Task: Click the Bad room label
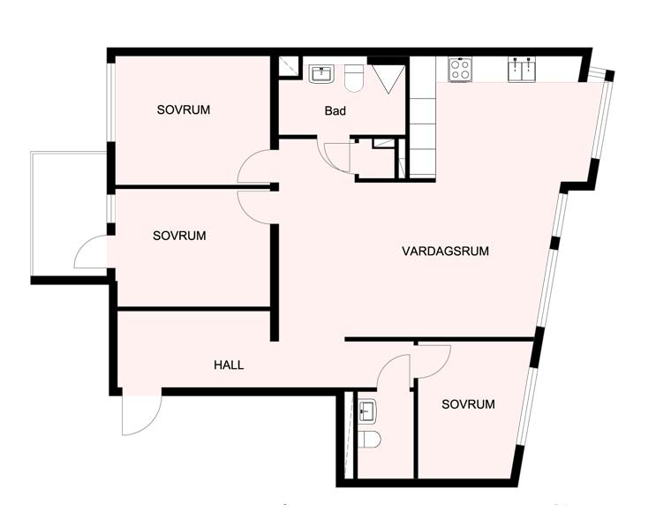coord(335,111)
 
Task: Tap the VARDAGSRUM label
coord(445,251)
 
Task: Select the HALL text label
coord(229,365)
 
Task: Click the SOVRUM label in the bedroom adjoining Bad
coord(184,110)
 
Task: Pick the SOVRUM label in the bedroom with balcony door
coord(179,236)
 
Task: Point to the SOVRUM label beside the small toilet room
coord(468,404)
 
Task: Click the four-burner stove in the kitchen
coord(460,70)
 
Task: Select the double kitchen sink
coord(522,70)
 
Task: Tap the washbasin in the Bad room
coord(321,74)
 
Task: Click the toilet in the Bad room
coord(354,79)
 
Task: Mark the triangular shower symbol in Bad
coord(388,79)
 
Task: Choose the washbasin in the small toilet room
coord(367,411)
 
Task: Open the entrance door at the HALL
coord(141,411)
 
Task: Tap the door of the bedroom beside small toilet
coord(433,362)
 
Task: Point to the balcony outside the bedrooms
coord(69,215)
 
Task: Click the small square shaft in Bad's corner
coord(290,67)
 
